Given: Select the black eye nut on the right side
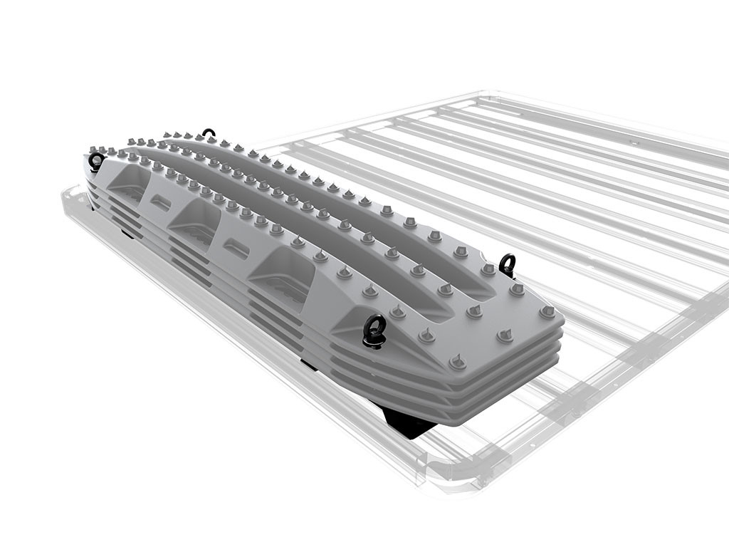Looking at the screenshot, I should (507, 264).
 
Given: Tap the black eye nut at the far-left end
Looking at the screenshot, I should (96, 162).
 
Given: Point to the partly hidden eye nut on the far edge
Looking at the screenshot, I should (208, 133).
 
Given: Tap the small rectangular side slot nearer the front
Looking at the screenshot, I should (236, 248).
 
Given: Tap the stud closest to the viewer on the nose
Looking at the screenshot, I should (457, 362).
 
